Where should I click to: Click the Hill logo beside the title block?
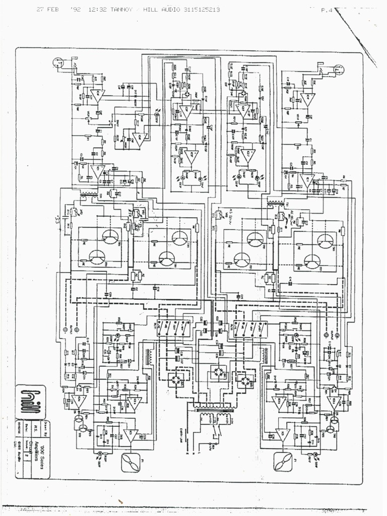30,402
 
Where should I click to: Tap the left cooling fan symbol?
132,462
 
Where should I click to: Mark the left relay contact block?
173,328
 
